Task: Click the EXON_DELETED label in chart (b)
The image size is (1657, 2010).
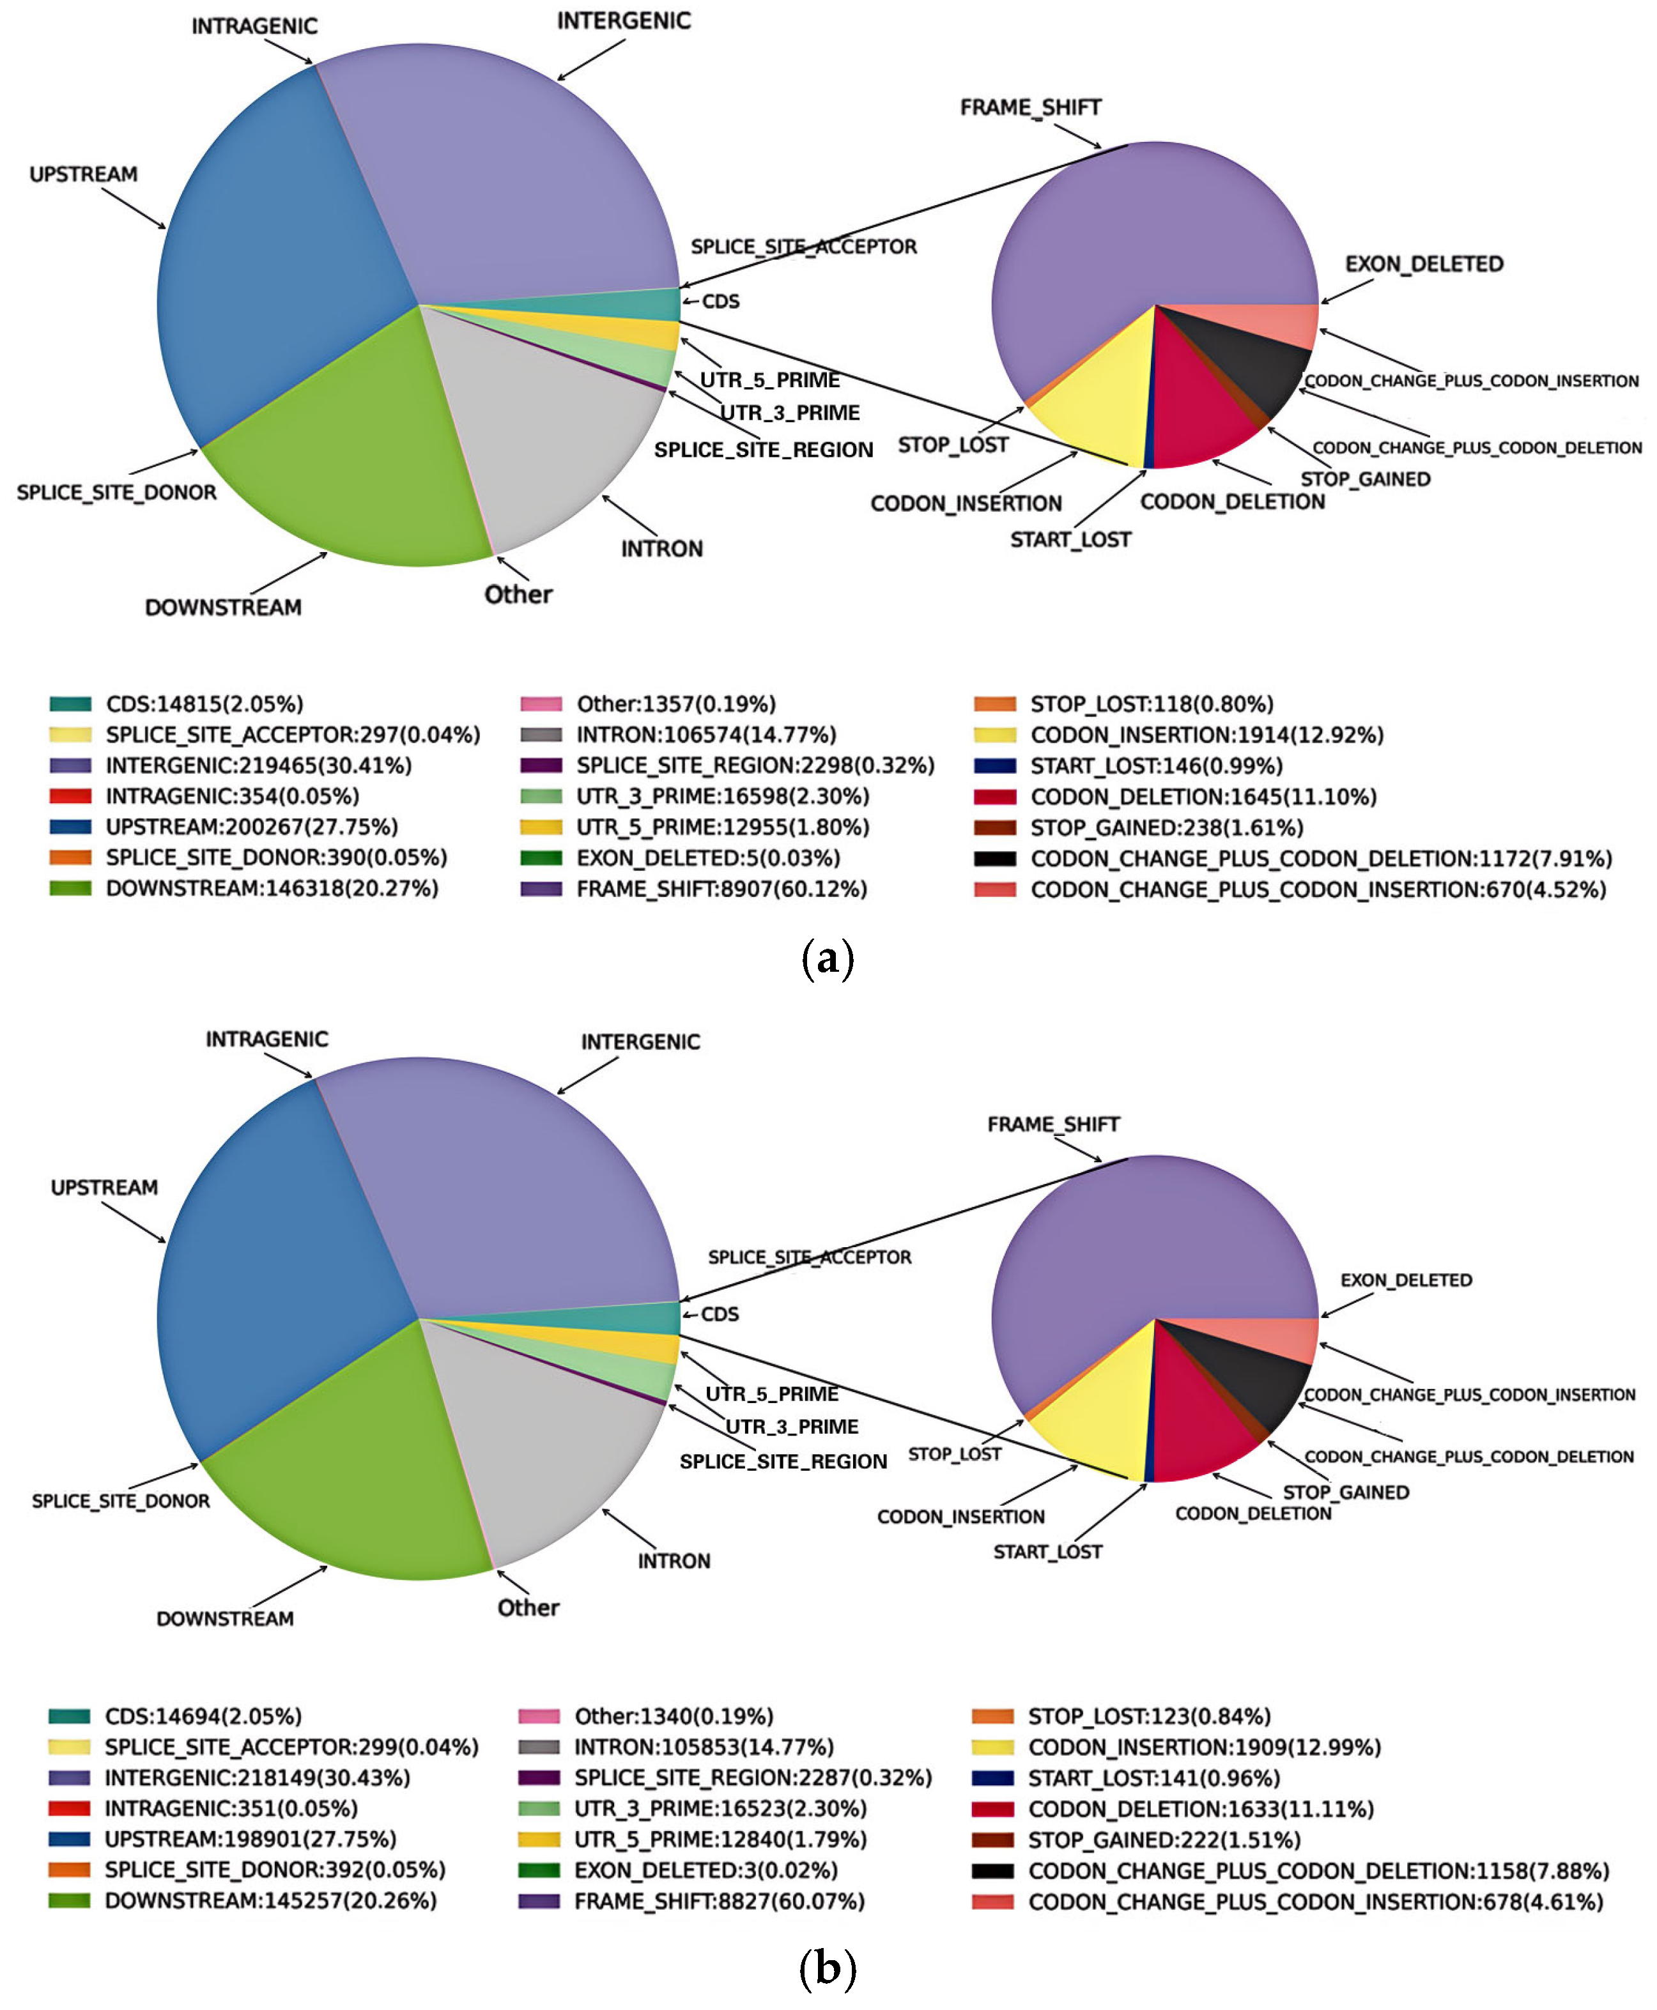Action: [1405, 1280]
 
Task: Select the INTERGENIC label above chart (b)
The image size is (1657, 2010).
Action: [640, 1042]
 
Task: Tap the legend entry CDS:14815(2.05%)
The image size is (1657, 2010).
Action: [204, 704]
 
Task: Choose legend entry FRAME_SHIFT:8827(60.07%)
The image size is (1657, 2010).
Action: [719, 1901]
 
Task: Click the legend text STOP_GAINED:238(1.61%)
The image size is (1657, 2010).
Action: [1166, 827]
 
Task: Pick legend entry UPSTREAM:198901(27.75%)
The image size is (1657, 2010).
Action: [250, 1839]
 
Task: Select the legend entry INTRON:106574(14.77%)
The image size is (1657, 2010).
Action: [705, 735]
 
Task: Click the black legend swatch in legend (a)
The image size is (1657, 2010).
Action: [994, 859]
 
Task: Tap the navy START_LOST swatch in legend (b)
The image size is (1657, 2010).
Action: [992, 1778]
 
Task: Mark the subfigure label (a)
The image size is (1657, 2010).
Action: [828, 959]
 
